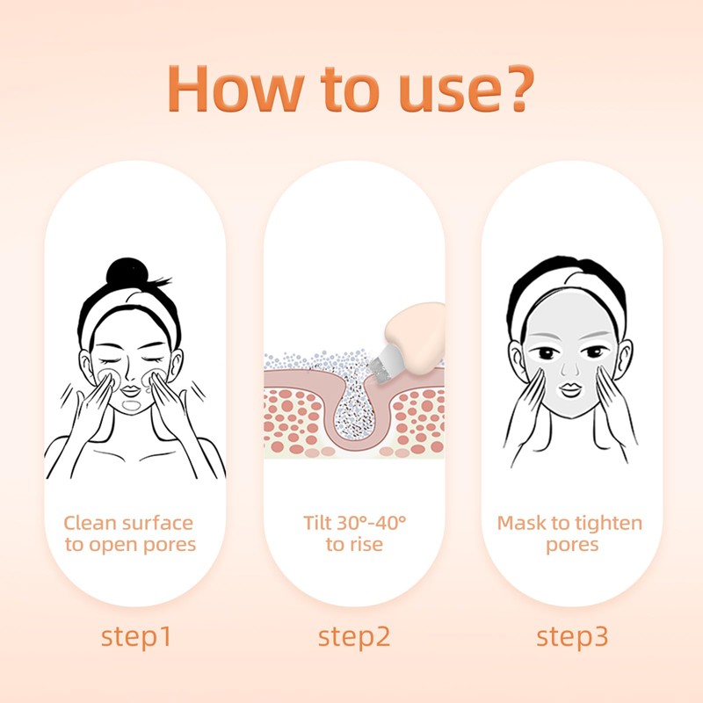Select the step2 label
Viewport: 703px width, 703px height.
353,636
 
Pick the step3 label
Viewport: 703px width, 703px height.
572,636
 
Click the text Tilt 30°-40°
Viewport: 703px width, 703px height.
354,524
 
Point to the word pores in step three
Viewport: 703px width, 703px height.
571,545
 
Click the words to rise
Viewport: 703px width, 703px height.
354,545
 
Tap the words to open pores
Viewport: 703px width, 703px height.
130,545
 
